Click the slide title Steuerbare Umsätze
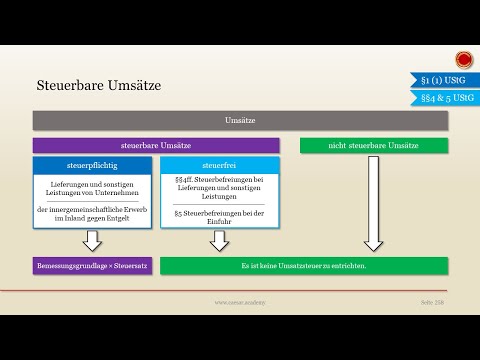pos(98,87)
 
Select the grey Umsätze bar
pos(240,121)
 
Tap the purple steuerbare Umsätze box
pos(155,146)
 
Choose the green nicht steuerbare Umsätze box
pos(373,146)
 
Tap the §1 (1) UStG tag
pos(442,78)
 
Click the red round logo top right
pos(464,56)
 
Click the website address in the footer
pos(240,301)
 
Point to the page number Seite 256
pos(431,301)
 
